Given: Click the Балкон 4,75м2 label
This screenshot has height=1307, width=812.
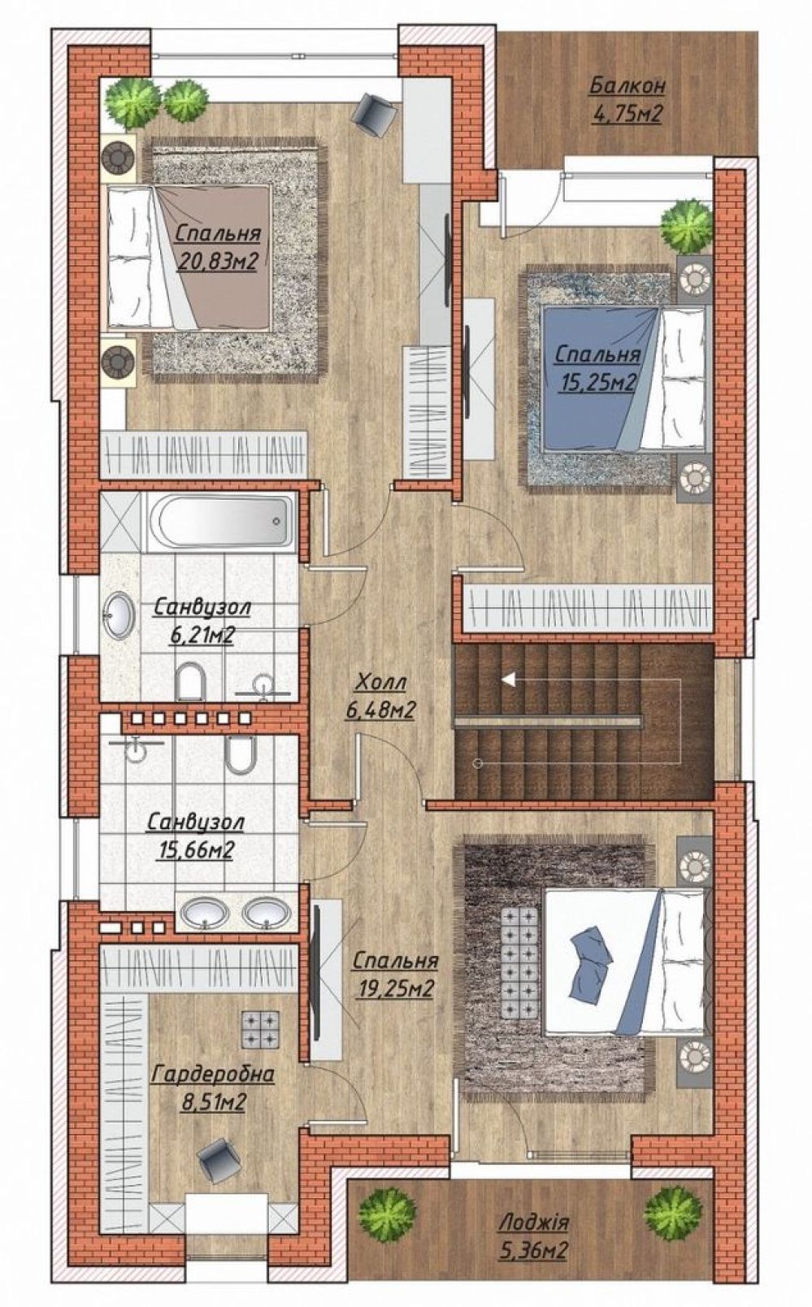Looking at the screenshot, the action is click(627, 100).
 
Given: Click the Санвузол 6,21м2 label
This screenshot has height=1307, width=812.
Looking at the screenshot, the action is click(202, 621).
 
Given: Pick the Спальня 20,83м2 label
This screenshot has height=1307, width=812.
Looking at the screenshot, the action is click(217, 247).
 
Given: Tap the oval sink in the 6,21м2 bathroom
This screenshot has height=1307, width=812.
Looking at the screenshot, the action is click(119, 615).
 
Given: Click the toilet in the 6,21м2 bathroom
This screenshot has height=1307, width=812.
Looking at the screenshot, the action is click(190, 681).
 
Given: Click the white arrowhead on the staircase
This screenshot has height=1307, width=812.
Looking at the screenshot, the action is click(509, 680).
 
